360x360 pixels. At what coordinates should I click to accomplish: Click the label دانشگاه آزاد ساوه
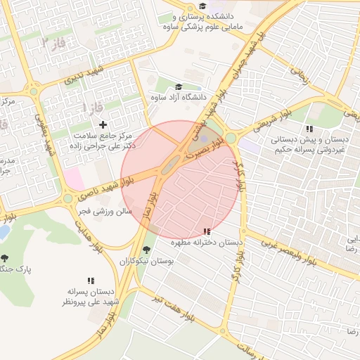[179, 97]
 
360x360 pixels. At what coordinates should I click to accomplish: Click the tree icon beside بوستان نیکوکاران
[146, 250]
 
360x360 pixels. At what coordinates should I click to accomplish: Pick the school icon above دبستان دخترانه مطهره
[207, 231]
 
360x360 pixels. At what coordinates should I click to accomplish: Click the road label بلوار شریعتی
[261, 127]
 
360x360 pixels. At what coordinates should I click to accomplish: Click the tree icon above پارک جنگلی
[6, 258]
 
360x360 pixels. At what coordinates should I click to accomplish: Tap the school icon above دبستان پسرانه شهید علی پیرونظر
[91, 281]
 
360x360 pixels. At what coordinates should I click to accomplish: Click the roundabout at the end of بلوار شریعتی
[231, 139]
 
